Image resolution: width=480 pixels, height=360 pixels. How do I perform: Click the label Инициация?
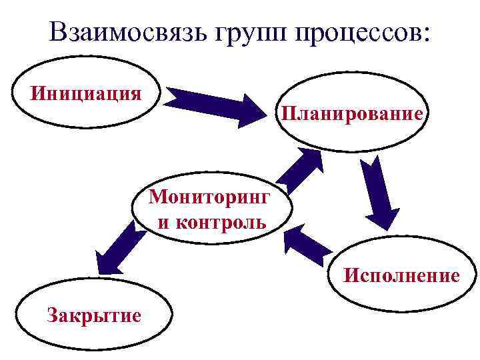[85, 91]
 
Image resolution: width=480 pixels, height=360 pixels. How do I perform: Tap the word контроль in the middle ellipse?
[221, 221]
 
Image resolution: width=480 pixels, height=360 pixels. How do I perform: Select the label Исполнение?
[401, 275]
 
